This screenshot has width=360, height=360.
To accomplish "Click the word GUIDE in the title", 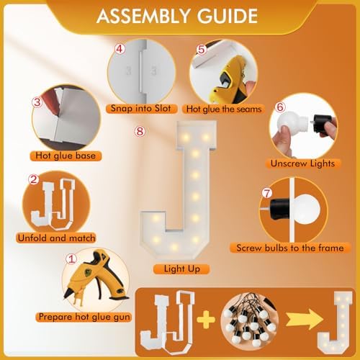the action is click(227, 16).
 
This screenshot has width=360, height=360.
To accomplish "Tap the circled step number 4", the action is click(120, 49).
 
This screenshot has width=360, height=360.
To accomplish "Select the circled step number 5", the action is click(201, 49).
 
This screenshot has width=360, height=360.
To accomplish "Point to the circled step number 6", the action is click(280, 107).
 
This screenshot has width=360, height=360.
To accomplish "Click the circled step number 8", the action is click(140, 131).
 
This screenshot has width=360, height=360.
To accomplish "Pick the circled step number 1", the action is click(71, 259).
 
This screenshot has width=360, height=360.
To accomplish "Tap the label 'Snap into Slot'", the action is click(141, 108).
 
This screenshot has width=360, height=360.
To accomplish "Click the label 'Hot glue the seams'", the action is click(224, 109).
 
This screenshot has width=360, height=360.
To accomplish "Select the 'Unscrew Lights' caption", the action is click(302, 163).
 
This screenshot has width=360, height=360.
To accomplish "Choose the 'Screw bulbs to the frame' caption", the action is click(290, 248).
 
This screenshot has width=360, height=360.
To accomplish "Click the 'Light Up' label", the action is click(182, 269).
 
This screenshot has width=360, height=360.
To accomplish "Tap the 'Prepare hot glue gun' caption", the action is click(84, 317).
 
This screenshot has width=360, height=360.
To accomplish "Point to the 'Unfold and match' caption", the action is click(56, 238).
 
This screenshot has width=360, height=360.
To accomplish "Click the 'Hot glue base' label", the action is click(66, 156).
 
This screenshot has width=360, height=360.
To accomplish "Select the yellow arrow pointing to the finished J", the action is click(305, 319).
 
